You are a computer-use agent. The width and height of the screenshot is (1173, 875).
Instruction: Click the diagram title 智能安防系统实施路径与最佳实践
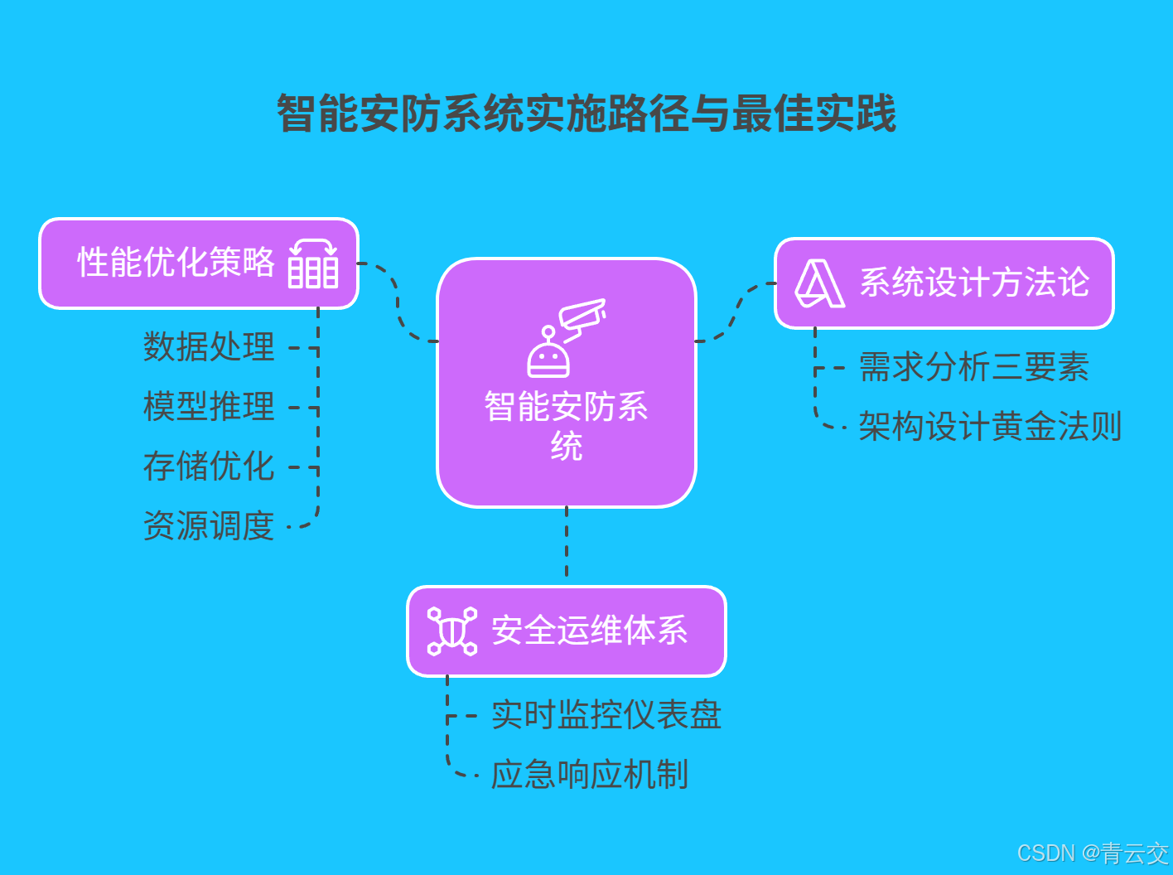point(586,114)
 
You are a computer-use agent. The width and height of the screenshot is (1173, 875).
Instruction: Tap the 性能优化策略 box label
point(176,263)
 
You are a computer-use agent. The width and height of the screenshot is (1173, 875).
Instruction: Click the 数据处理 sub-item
point(209,346)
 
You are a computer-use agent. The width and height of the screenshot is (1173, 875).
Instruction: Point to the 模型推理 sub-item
point(209,406)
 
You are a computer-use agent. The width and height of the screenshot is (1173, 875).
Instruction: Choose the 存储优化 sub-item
point(209,466)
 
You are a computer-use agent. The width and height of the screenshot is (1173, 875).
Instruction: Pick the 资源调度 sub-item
point(209,525)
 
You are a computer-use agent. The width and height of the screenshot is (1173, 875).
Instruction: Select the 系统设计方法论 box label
point(974,283)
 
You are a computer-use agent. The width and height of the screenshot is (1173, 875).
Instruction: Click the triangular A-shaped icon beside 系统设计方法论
point(819,283)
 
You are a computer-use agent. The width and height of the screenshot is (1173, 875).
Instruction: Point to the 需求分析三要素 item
point(974,366)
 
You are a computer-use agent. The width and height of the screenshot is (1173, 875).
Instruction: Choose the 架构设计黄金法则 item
point(990,427)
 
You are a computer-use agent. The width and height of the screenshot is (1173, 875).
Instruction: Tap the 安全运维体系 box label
point(590,631)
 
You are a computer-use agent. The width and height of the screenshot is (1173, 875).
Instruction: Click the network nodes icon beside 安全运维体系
point(451,631)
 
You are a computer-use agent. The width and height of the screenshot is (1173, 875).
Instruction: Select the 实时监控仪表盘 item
point(606,714)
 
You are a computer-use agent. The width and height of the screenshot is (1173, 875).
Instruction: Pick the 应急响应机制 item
point(590,775)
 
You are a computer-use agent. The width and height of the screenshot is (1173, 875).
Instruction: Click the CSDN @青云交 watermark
point(1092,853)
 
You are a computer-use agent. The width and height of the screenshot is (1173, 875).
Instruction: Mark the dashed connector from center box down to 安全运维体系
point(567,543)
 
